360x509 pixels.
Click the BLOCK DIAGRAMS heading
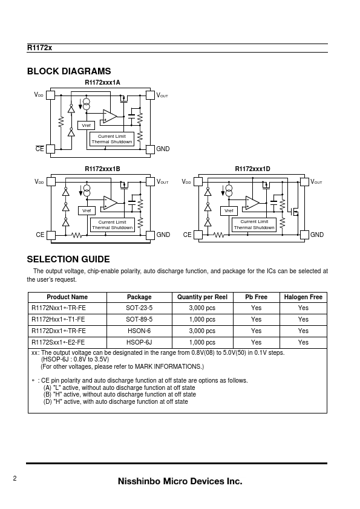[x=69, y=71]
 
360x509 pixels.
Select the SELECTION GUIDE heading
[x=68, y=259]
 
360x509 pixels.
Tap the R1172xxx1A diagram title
[x=102, y=82]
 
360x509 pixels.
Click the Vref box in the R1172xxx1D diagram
[x=229, y=211]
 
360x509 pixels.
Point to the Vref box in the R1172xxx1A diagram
[x=86, y=125]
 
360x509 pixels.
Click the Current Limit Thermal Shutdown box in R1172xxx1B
[x=112, y=225]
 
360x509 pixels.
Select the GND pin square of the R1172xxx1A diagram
[x=150, y=149]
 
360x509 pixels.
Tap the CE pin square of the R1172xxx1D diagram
[x=198, y=235]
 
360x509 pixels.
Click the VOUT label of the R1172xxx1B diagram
[x=163, y=182]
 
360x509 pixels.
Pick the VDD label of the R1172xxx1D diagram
[x=186, y=182]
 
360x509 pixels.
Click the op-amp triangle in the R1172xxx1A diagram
[x=110, y=117]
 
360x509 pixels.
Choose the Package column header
[x=139, y=297]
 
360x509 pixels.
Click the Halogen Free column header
[x=303, y=297]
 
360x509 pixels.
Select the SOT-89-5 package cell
[x=139, y=319]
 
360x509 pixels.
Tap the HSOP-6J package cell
[x=139, y=342]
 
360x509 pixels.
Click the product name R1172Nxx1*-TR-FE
[x=59, y=308]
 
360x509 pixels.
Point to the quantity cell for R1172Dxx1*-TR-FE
[x=202, y=331]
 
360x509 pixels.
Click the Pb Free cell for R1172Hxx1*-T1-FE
[x=256, y=319]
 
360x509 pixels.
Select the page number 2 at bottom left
[x=15, y=478]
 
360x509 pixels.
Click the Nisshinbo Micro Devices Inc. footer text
[x=180, y=481]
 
